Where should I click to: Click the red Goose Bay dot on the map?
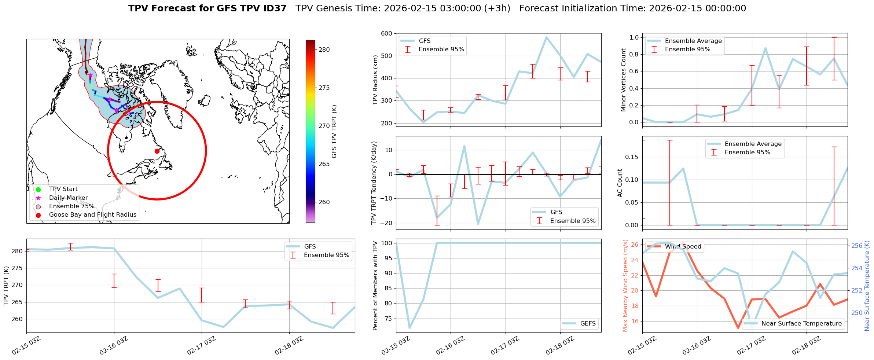tap(157, 151)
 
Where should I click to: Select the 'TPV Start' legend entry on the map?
tap(63, 189)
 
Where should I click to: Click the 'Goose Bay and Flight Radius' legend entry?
tap(92, 215)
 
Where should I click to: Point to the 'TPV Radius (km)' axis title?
tap(375, 80)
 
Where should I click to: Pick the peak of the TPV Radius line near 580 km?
tap(546, 37)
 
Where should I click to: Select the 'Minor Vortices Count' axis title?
tap(623, 80)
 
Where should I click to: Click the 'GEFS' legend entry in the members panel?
tap(588, 323)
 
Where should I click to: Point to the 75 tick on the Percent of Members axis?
tap(388, 319)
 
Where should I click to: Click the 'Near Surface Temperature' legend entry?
tap(801, 323)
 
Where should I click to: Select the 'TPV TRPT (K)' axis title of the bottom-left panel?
tap(6, 286)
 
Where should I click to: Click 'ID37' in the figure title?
tap(275, 8)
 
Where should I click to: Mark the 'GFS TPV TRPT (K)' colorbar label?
tap(334, 131)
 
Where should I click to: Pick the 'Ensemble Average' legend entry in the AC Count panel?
tap(753, 144)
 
